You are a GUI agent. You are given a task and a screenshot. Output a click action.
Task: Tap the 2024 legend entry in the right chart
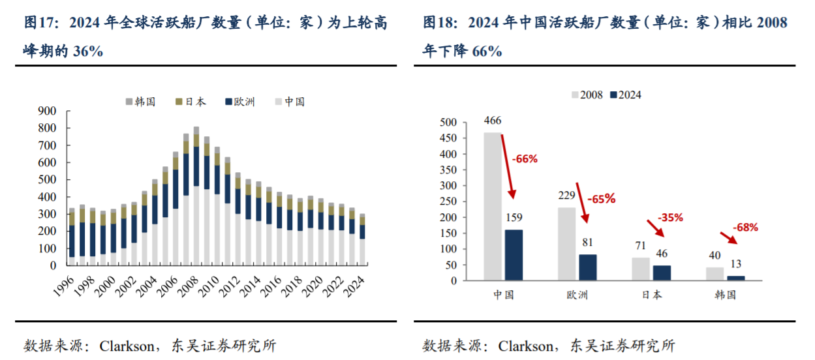pyautogui.click(x=625, y=95)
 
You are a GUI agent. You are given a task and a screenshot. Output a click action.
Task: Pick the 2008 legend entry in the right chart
pyautogui.click(x=587, y=95)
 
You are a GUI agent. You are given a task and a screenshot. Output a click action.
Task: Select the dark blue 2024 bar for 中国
pyautogui.click(x=514, y=255)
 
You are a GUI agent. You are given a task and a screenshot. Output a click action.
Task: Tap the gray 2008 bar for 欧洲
pyautogui.click(x=566, y=244)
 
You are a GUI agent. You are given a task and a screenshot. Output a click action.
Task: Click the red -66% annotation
pyautogui.click(x=524, y=158)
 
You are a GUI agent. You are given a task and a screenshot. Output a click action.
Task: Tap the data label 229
pyautogui.click(x=566, y=196)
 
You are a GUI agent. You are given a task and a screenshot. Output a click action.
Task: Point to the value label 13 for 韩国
pyautogui.click(x=735, y=263)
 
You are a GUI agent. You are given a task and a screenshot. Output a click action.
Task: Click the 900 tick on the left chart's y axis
pyautogui.click(x=47, y=111)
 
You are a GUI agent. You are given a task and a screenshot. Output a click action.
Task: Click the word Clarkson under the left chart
pyautogui.click(x=126, y=346)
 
